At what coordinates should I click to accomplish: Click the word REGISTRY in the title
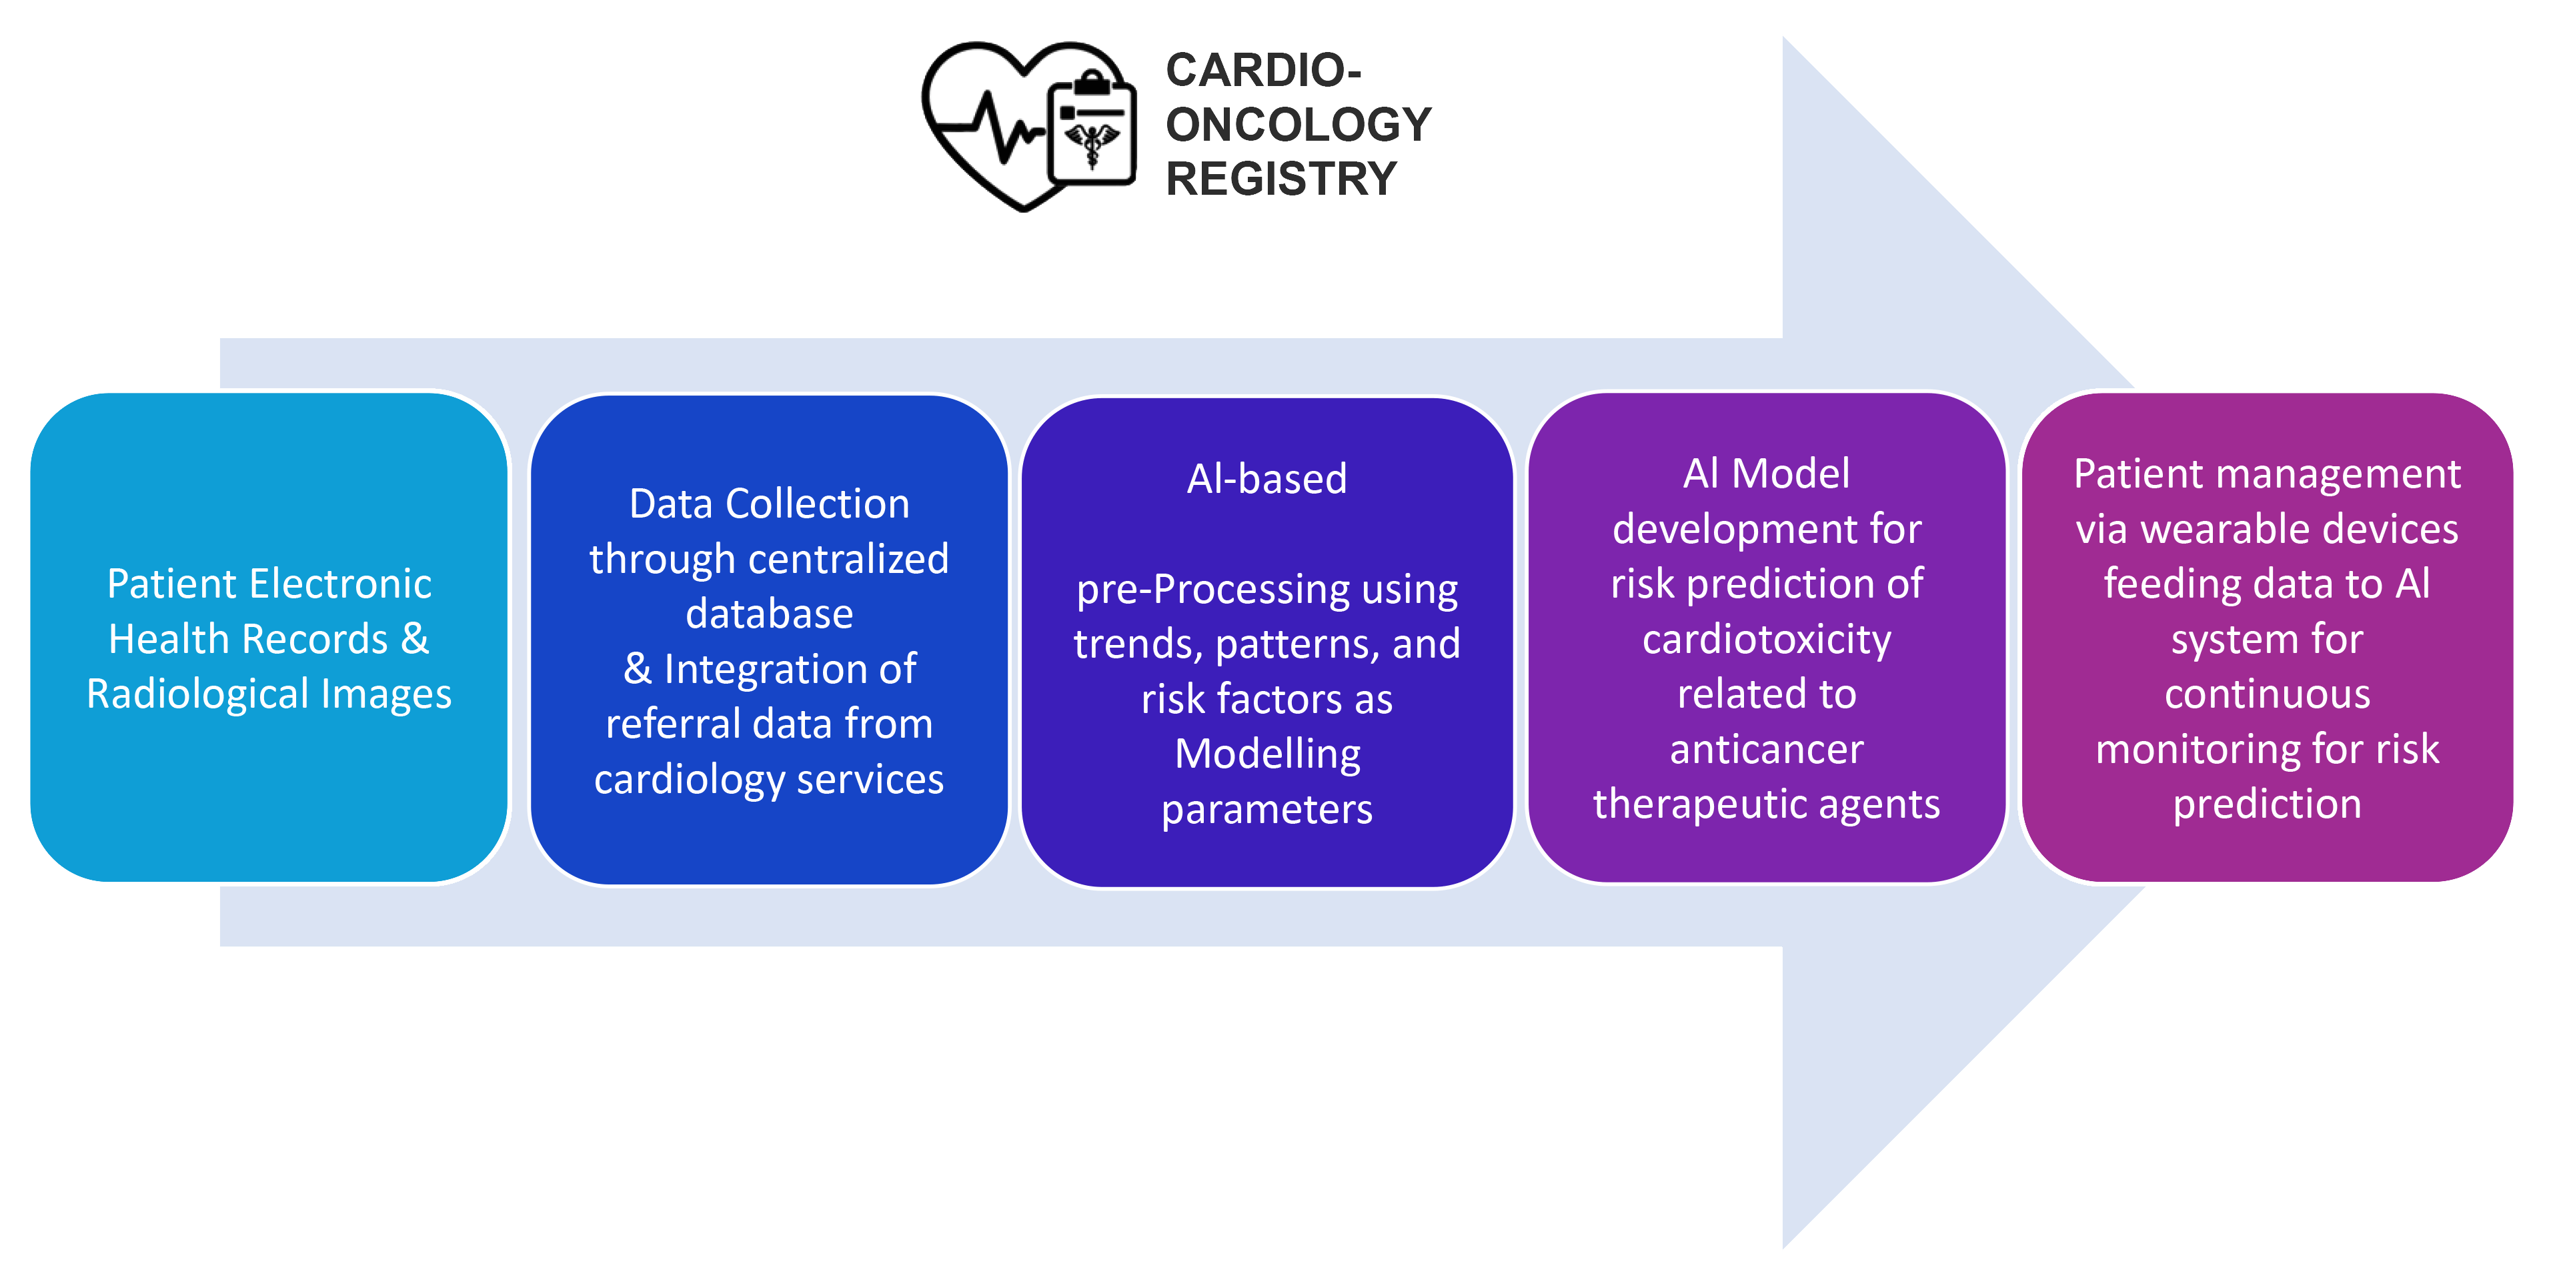click(x=1281, y=179)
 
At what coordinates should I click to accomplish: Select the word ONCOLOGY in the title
click(x=1299, y=125)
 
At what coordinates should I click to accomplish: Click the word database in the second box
click(x=769, y=614)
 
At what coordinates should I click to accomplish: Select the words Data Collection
click(x=769, y=504)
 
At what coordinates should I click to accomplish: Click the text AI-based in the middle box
click(x=1266, y=479)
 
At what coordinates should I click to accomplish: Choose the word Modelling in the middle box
click(x=1266, y=754)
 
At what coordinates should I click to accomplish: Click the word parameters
click(x=1266, y=810)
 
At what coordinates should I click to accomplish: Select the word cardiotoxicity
click(x=1766, y=640)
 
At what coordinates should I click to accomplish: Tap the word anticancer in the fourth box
click(x=1766, y=750)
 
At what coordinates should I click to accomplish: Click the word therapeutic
click(x=1685, y=804)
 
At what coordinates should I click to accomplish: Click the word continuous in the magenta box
click(x=2267, y=694)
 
